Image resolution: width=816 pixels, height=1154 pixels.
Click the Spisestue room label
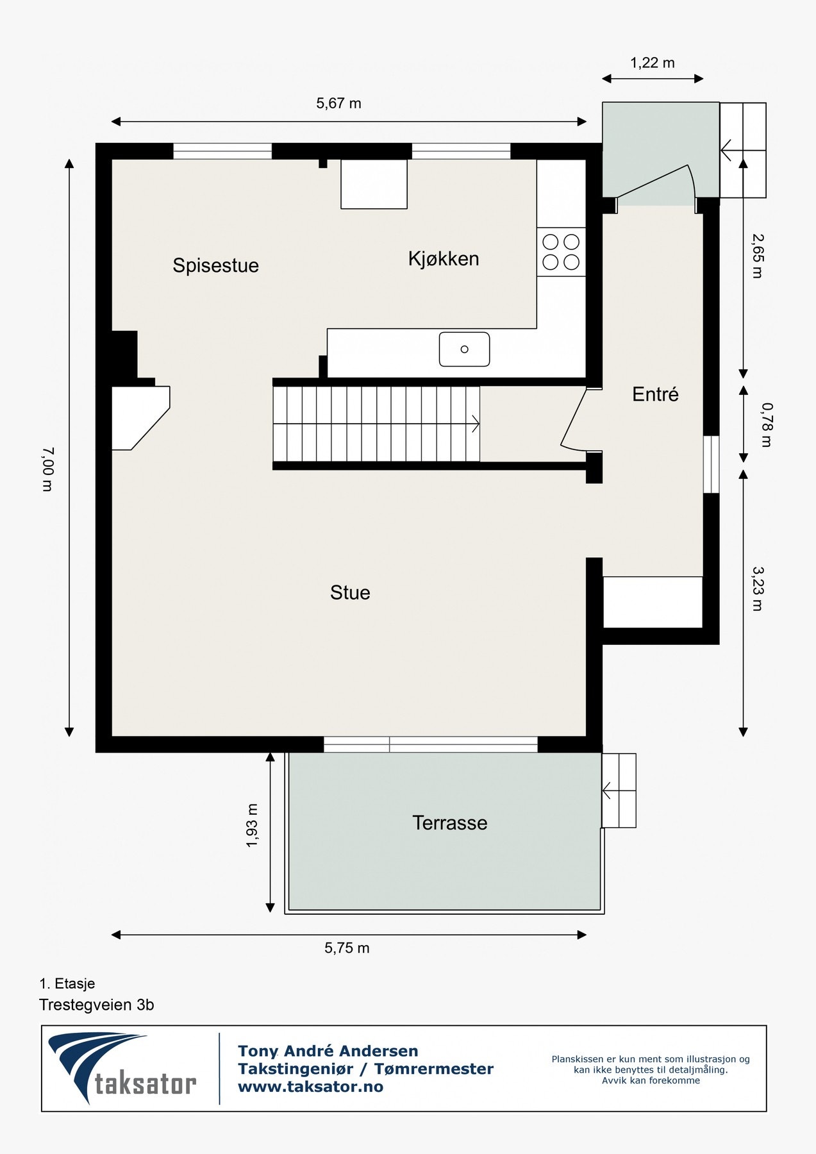tap(215, 265)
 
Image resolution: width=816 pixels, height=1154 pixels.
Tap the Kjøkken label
tap(444, 258)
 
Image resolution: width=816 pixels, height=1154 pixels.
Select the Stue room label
tap(350, 592)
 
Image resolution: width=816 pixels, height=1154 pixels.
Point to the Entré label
tap(655, 394)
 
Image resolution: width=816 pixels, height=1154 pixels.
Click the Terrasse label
tap(449, 823)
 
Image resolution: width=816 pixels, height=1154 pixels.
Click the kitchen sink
tap(464, 349)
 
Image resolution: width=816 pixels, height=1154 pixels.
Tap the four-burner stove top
tap(562, 252)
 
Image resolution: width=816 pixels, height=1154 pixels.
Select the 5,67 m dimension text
tap(338, 103)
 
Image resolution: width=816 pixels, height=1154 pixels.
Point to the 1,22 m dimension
tap(653, 63)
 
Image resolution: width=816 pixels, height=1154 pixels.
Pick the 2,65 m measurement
tap(757, 256)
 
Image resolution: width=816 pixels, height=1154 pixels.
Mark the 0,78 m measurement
tap(767, 424)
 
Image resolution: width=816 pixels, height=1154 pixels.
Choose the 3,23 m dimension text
tap(757, 589)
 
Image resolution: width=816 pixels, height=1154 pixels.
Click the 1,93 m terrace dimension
tap(252, 826)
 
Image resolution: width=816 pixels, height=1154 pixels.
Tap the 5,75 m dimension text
tap(347, 948)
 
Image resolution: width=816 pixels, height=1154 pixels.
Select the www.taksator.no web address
tap(310, 1087)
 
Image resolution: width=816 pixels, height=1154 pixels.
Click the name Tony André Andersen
tap(328, 1051)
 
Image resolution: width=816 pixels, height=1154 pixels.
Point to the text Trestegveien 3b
tap(97, 1005)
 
